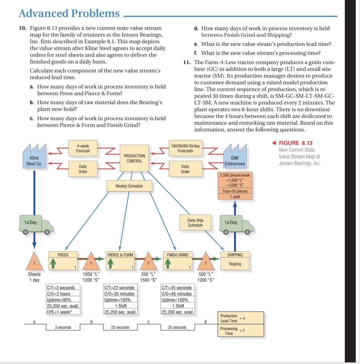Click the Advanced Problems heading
click(x=69, y=13)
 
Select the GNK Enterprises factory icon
click(x=235, y=156)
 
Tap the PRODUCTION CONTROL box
click(x=134, y=158)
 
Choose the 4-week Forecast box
click(x=83, y=148)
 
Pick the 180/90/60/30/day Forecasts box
click(x=185, y=148)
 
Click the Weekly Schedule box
click(x=129, y=186)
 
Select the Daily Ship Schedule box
click(x=195, y=223)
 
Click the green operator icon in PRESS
click(x=53, y=264)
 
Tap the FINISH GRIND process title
click(x=178, y=255)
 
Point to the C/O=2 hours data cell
click(x=59, y=294)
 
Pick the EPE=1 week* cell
click(x=59, y=312)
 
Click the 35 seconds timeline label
click(x=177, y=327)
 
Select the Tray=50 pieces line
click(x=235, y=191)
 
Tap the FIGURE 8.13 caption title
click(x=295, y=143)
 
